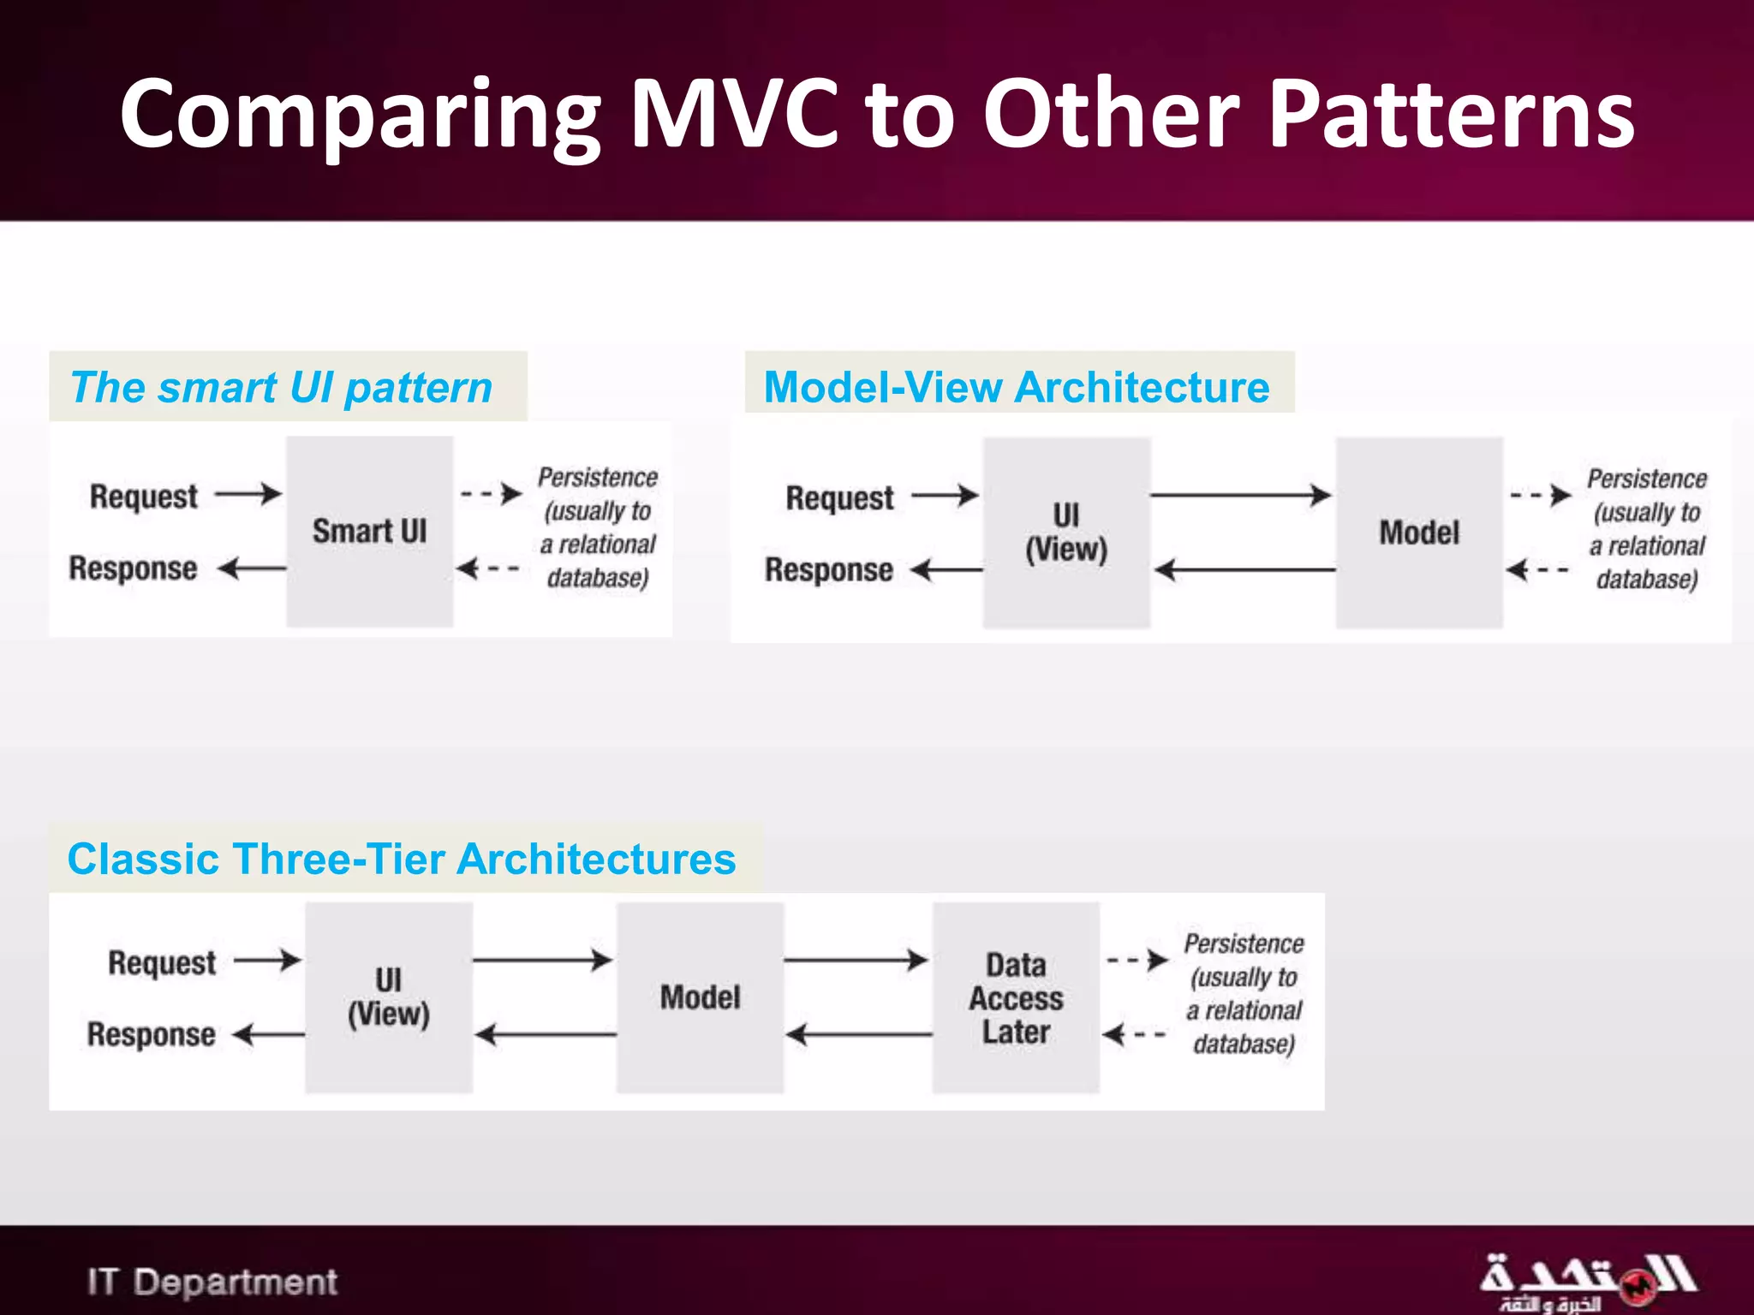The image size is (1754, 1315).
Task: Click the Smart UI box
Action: click(x=369, y=531)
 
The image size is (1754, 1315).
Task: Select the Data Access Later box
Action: click(x=1016, y=997)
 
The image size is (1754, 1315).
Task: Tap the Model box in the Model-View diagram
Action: click(x=1419, y=533)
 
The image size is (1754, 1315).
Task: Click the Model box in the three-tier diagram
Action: click(x=700, y=997)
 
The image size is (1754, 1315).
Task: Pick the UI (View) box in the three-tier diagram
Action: click(x=389, y=997)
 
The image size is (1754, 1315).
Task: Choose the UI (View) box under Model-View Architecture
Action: click(x=1066, y=533)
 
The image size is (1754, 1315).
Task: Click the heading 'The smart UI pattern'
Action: click(x=282, y=387)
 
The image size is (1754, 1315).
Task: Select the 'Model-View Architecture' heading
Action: click(x=1017, y=387)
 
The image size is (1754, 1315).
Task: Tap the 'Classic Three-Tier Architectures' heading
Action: click(x=402, y=859)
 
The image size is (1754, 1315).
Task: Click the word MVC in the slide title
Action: click(x=735, y=114)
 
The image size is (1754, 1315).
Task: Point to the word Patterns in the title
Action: click(x=1451, y=114)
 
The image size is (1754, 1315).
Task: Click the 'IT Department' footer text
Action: click(x=212, y=1282)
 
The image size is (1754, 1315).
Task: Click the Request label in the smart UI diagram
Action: click(x=144, y=496)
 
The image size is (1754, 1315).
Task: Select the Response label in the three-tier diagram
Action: click(x=151, y=1034)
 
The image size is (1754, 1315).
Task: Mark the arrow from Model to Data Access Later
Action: click(x=856, y=961)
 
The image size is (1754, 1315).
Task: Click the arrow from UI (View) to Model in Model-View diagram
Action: click(x=1240, y=495)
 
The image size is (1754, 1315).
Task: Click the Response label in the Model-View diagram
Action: click(x=829, y=569)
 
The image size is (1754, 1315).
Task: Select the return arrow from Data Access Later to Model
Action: click(x=858, y=1034)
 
